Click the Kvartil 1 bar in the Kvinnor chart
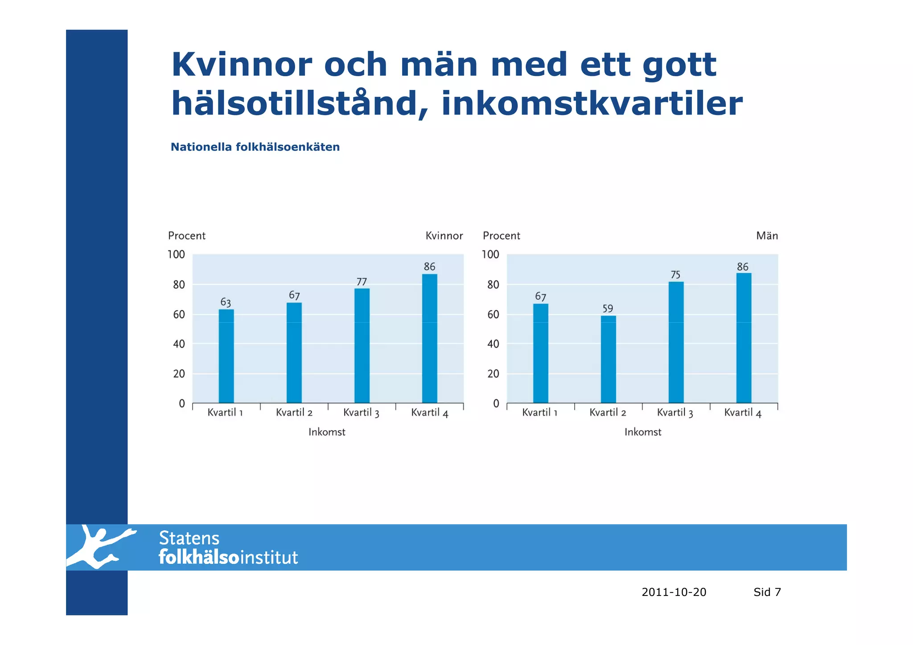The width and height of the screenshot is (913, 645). [226, 356]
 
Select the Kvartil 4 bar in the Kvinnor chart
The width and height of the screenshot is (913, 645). [429, 338]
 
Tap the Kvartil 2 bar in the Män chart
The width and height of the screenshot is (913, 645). [608, 359]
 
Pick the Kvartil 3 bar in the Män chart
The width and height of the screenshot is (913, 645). [676, 342]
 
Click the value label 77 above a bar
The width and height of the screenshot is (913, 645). [362, 282]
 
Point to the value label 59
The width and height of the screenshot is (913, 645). [608, 308]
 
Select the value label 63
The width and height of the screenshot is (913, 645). [226, 302]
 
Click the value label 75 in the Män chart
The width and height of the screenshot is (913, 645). [675, 275]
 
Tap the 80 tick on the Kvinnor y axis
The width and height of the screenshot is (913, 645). [179, 285]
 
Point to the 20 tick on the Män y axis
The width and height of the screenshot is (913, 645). [493, 374]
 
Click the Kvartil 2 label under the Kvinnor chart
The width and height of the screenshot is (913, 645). [294, 413]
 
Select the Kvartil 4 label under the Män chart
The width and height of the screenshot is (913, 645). [743, 413]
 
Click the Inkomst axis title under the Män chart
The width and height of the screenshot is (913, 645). [642, 432]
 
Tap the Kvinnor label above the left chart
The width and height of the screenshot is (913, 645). [444, 236]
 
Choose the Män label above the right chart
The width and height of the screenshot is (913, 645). [767, 236]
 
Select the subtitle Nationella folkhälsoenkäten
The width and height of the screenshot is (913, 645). [255, 147]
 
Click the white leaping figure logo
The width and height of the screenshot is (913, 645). [100, 546]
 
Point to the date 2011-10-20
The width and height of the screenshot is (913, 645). [674, 592]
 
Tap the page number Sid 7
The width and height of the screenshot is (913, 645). [767, 592]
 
